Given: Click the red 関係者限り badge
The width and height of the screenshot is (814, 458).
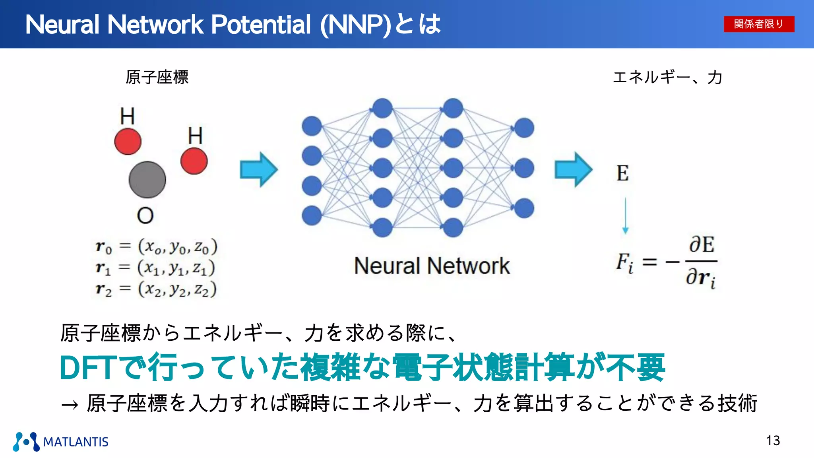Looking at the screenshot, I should pos(759,24).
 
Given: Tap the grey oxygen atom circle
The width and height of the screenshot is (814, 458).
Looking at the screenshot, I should pos(147,180).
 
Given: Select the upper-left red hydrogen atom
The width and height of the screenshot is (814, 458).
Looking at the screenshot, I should pos(128,142).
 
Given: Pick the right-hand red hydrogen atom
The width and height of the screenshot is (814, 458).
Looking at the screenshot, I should pos(194,161).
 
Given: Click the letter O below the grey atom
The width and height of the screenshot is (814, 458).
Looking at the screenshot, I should pos(145,216).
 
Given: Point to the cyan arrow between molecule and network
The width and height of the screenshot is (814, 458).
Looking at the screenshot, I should pos(259,169).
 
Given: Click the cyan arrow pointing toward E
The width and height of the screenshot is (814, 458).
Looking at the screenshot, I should pos(573,169).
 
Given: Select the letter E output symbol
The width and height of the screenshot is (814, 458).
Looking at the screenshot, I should pos(622,173).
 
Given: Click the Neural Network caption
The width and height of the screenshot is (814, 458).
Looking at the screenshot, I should pos(432,266).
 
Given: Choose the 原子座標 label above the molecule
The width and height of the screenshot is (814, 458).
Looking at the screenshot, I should pos(157,77).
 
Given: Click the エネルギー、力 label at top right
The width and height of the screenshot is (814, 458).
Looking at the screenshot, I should pos(667,77).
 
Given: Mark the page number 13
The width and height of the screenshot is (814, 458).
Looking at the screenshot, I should pos(773,441).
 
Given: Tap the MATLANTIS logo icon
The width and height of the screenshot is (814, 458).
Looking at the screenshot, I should pos(26,442).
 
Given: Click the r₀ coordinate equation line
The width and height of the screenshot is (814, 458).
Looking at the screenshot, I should pos(156,247).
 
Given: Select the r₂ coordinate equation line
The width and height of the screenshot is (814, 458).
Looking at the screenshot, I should pos(156,289).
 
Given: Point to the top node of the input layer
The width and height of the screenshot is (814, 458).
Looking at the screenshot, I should pos(312,126).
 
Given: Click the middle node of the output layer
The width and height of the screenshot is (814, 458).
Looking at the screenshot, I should pos(524,168).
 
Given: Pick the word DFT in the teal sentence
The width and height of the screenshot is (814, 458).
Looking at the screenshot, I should pos(87,368).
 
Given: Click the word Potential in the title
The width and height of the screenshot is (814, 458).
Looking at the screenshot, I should pos(261,25).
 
